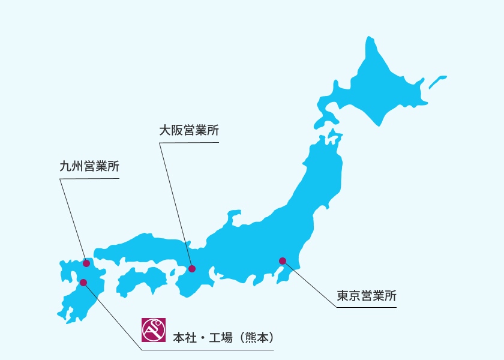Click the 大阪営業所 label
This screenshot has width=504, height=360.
click(x=186, y=131)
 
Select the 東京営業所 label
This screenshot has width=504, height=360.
click(x=366, y=295)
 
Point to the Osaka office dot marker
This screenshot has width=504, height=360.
click(x=192, y=269)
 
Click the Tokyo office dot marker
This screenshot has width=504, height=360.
click(x=282, y=260)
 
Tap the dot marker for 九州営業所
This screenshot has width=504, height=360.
click(x=86, y=263)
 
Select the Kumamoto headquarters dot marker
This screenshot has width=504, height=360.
click(x=83, y=282)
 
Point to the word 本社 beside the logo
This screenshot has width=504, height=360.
click(x=182, y=337)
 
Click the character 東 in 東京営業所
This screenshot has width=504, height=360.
click(x=342, y=295)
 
